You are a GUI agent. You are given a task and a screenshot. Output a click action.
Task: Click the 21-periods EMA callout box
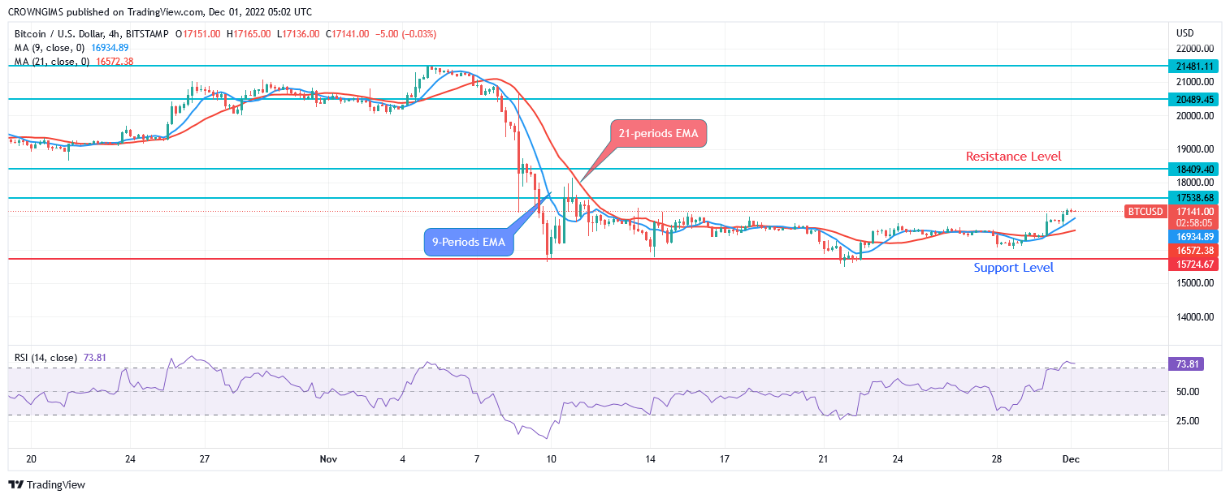[659, 134]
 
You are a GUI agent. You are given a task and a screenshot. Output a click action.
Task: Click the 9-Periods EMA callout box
[469, 242]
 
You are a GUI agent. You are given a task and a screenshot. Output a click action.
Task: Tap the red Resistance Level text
[1013, 156]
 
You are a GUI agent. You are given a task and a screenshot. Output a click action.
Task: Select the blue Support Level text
[1013, 267]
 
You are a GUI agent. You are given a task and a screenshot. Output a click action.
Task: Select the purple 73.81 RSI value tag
[1185, 363]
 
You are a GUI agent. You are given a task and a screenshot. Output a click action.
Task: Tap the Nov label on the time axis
[328, 459]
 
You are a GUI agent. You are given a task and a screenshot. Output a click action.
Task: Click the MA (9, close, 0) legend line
[69, 48]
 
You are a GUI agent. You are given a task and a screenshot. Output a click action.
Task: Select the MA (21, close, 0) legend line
[73, 62]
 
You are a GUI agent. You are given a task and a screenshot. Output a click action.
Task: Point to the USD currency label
[1185, 33]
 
